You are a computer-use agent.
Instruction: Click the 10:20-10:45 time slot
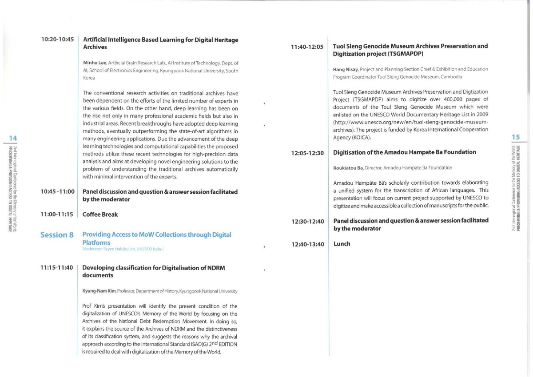tap(57, 39)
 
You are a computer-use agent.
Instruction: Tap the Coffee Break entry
tap(100, 214)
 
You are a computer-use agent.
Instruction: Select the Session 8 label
tap(57, 234)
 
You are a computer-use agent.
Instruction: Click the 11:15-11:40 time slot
tap(56, 268)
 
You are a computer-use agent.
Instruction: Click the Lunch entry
tap(342, 244)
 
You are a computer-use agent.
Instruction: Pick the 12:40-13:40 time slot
tap(308, 244)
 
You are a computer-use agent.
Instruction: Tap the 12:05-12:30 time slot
tap(308, 153)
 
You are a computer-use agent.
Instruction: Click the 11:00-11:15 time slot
tap(56, 214)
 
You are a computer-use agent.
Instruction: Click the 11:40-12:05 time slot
tap(307, 46)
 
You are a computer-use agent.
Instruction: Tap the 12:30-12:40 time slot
tap(308, 221)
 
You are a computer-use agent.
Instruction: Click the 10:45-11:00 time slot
tap(57, 192)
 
